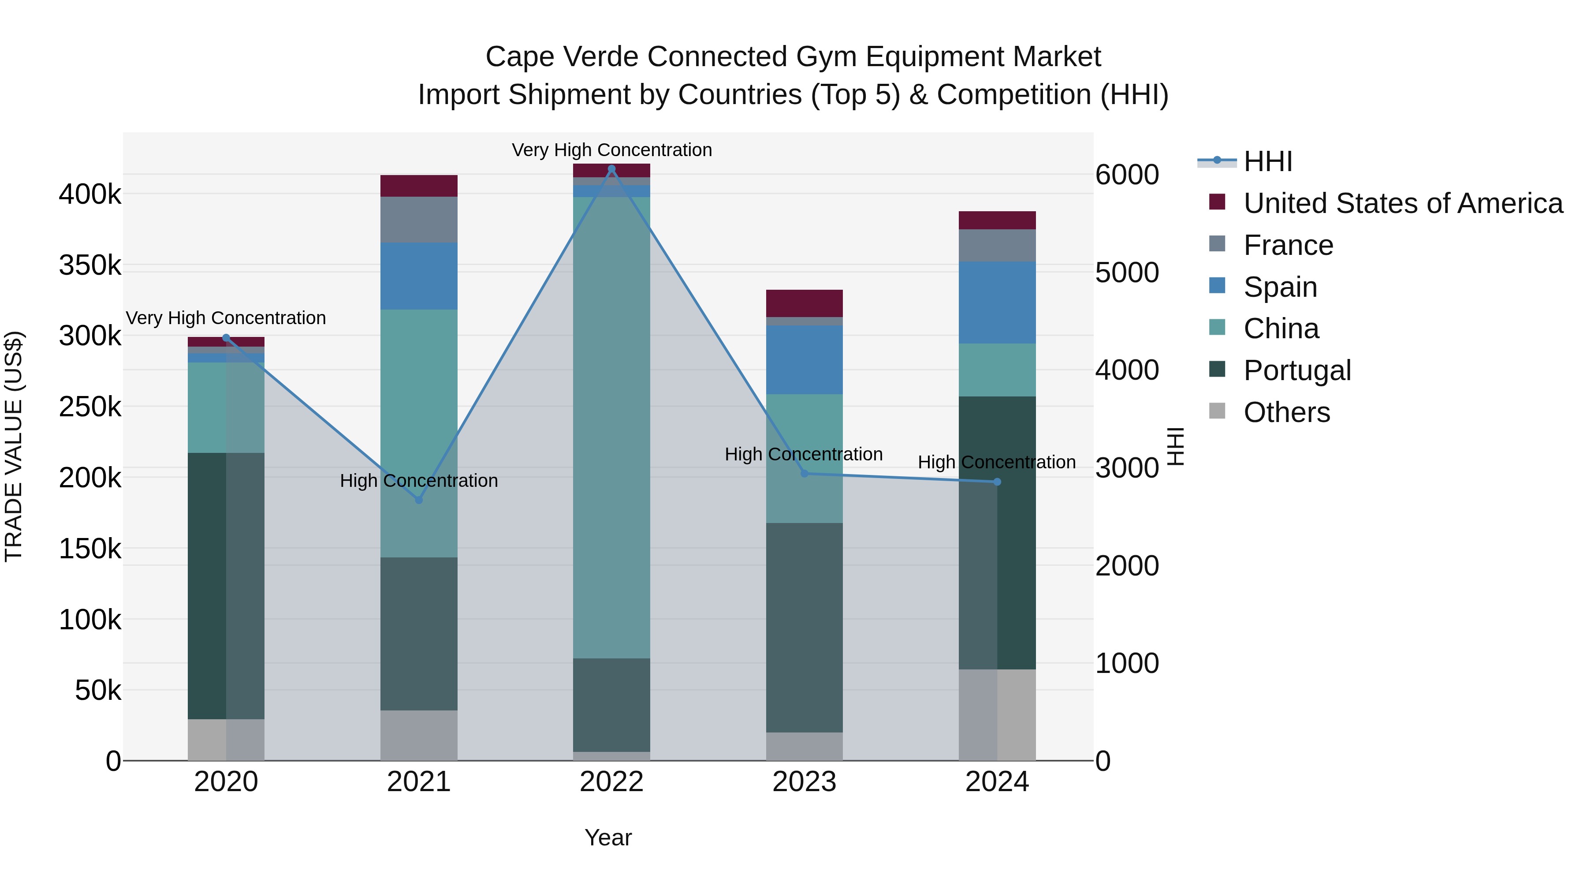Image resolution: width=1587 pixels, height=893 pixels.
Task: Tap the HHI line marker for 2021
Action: pyautogui.click(x=419, y=500)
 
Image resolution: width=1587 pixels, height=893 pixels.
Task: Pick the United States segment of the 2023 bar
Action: pyautogui.click(x=804, y=303)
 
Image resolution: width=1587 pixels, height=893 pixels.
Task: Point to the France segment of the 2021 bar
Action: pyautogui.click(x=419, y=220)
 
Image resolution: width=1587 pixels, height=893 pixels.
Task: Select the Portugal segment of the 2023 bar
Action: pyautogui.click(x=804, y=628)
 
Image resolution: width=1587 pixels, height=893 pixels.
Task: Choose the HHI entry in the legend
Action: pyautogui.click(x=1267, y=161)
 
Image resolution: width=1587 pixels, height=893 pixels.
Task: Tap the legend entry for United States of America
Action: pyautogui.click(x=1402, y=203)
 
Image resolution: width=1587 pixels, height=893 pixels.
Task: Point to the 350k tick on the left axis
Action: pyautogui.click(x=90, y=265)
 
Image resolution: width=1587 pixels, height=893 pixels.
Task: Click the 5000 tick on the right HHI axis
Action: pyautogui.click(x=1127, y=273)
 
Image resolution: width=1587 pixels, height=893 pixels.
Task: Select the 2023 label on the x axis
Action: pyautogui.click(x=804, y=782)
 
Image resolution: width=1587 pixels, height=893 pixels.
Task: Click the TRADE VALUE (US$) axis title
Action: pyautogui.click(x=14, y=446)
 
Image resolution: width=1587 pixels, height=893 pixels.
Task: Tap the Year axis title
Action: pyautogui.click(x=608, y=837)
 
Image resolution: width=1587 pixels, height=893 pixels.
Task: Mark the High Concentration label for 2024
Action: pyautogui.click(x=996, y=462)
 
